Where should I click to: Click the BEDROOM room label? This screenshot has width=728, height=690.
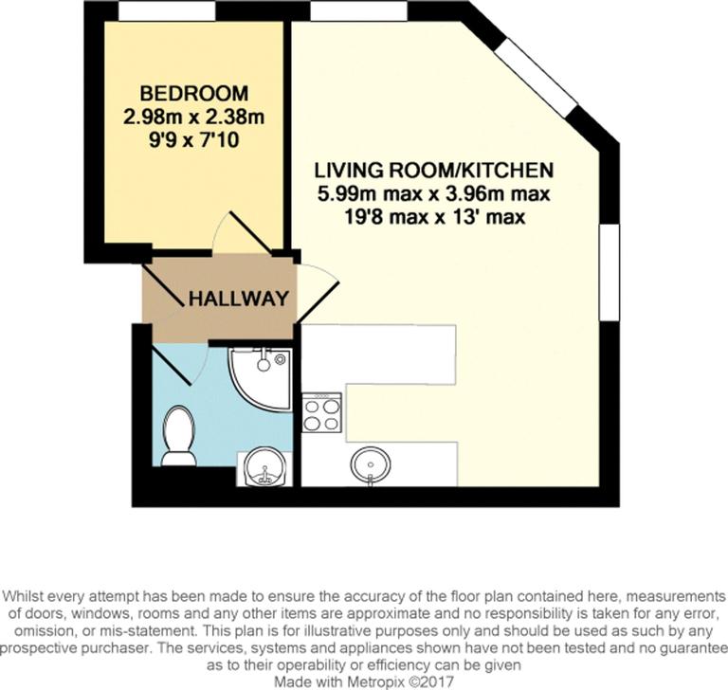click(x=194, y=95)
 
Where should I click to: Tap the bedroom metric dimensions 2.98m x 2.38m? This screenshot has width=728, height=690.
click(x=194, y=118)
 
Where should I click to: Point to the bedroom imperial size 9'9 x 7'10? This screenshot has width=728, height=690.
click(x=194, y=142)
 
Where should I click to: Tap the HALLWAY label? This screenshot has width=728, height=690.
click(x=238, y=299)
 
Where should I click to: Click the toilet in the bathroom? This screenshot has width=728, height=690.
click(x=177, y=436)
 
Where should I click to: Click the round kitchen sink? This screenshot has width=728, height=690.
click(x=370, y=465)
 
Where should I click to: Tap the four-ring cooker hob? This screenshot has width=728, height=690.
click(x=321, y=412)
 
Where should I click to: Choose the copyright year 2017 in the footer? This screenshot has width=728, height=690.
click(x=438, y=680)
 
